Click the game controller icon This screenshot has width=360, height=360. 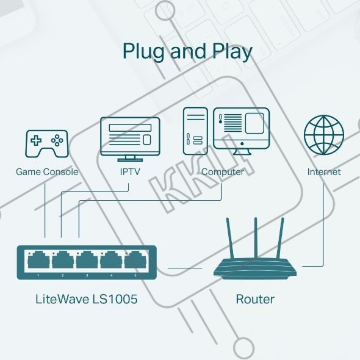coord(46,144)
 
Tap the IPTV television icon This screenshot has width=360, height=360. coord(130,139)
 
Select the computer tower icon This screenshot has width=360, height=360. coord(195,131)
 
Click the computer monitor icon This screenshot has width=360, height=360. coord(241,131)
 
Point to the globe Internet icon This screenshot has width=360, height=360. coord(324,135)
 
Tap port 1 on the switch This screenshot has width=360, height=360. coord(38,260)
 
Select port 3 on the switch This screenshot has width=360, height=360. coord(87,260)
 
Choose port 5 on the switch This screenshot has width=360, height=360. coord(135,260)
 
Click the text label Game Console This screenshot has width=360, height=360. coord(47,171)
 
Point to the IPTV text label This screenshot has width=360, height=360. coord(130,171)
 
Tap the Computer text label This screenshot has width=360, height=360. coord(223,172)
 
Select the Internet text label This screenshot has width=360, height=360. coord(324,171)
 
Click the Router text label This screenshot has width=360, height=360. coord(255,299)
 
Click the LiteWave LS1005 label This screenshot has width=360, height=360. coord(86,299)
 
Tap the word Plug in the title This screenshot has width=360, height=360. coord(143,52)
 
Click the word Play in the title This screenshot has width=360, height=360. coord(232,52)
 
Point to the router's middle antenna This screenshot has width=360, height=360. coord(256,237)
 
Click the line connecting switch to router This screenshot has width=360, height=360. coord(185,268)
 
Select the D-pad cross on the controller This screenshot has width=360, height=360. coord(36,140)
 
